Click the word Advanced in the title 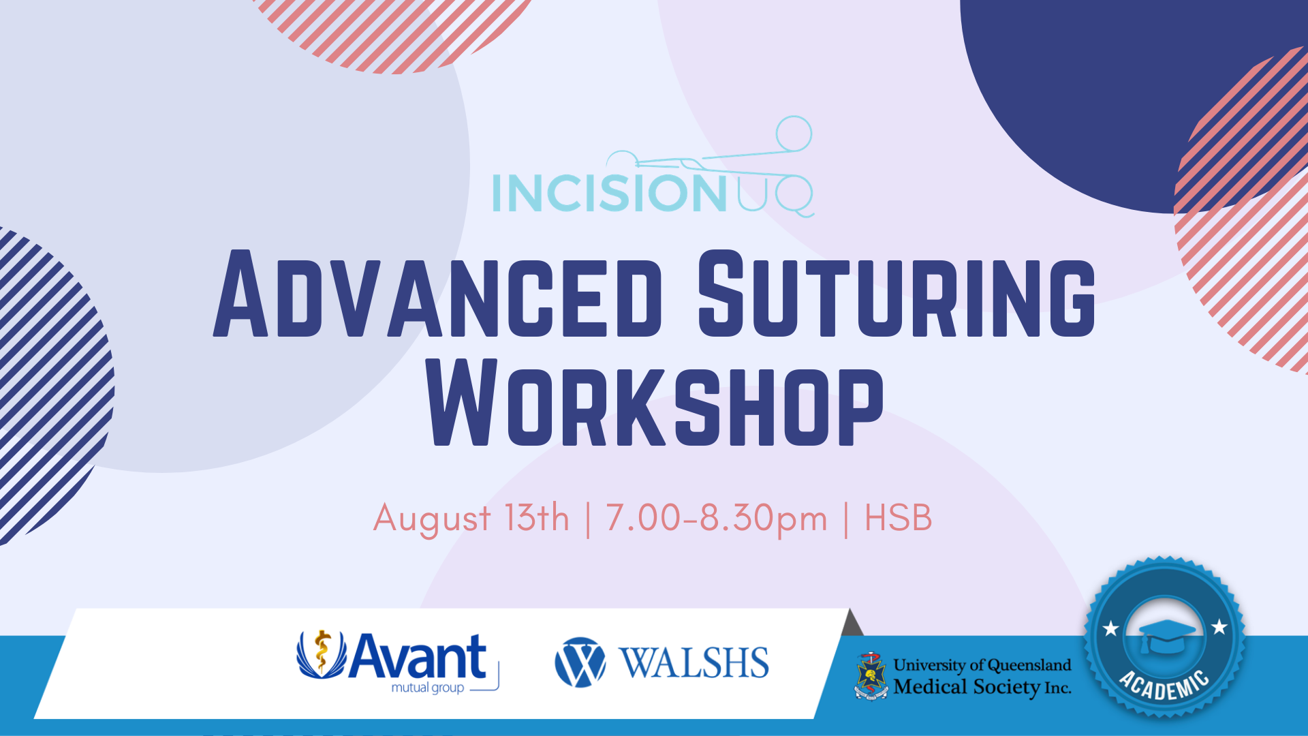click(x=437, y=294)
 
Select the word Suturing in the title click(x=897, y=294)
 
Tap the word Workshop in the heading click(x=655, y=403)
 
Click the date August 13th click(x=471, y=518)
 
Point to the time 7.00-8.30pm click(x=716, y=519)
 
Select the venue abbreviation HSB click(x=898, y=518)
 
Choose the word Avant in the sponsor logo click(x=418, y=656)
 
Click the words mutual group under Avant click(x=428, y=688)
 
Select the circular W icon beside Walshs click(x=580, y=662)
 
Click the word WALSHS click(x=694, y=663)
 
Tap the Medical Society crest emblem click(x=871, y=676)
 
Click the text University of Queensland click(x=982, y=665)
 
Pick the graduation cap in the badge click(x=1166, y=635)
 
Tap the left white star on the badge click(x=1111, y=628)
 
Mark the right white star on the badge click(x=1219, y=626)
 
